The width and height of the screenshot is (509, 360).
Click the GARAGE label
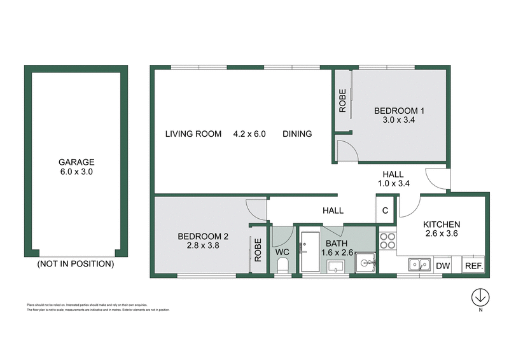(x=76, y=162)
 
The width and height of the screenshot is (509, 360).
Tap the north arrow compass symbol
(x=481, y=297)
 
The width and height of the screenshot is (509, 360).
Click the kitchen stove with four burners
(x=387, y=242)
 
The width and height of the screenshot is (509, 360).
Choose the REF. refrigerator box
(x=473, y=266)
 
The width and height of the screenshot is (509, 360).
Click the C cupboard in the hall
(x=386, y=211)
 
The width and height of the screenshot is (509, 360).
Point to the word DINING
(x=297, y=134)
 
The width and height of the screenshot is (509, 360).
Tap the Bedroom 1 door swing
(x=346, y=151)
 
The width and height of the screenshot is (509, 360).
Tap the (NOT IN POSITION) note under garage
(x=76, y=263)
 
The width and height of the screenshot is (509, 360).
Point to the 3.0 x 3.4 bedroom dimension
(x=399, y=119)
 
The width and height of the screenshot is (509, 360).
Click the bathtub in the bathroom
(x=312, y=253)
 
